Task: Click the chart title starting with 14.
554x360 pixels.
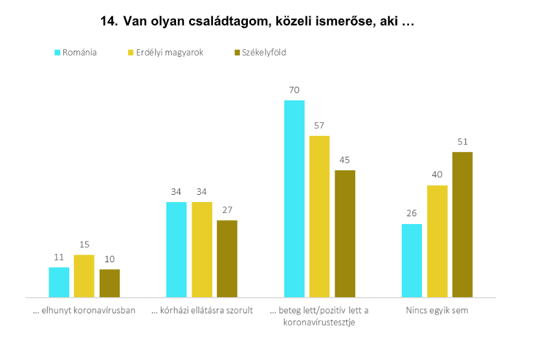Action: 256,22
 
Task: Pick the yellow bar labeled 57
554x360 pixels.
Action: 320,216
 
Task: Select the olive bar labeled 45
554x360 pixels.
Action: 345,234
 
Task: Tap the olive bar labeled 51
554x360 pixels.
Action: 462,225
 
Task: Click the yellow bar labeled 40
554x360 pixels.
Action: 437,242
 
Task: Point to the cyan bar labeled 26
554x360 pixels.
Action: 412,261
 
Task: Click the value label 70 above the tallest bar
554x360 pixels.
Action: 294,91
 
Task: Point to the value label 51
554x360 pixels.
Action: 462,142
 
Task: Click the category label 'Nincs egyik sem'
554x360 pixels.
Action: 438,311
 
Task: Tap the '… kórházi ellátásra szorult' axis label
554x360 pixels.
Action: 202,311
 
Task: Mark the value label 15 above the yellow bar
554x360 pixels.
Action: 83,245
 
